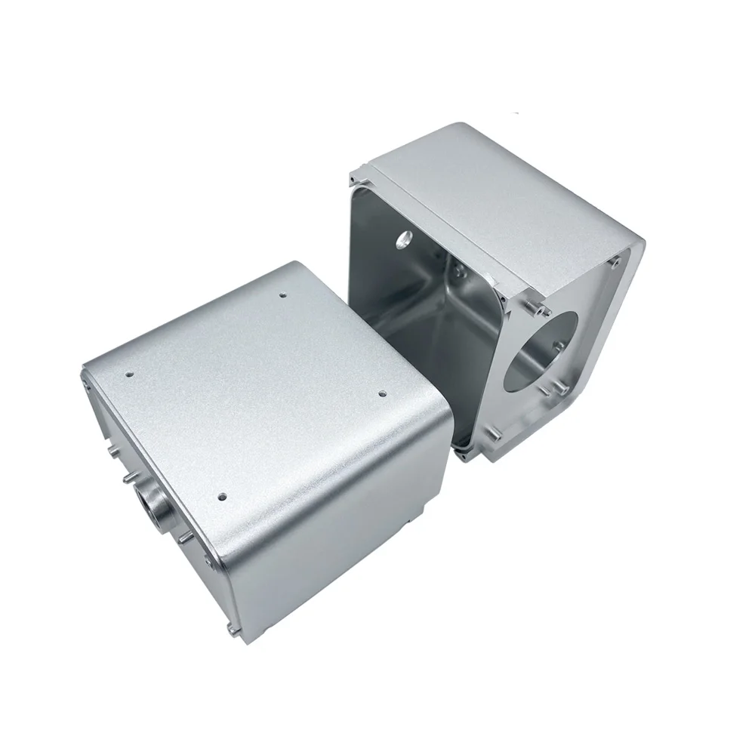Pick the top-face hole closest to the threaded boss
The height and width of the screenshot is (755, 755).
pos(221,496)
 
